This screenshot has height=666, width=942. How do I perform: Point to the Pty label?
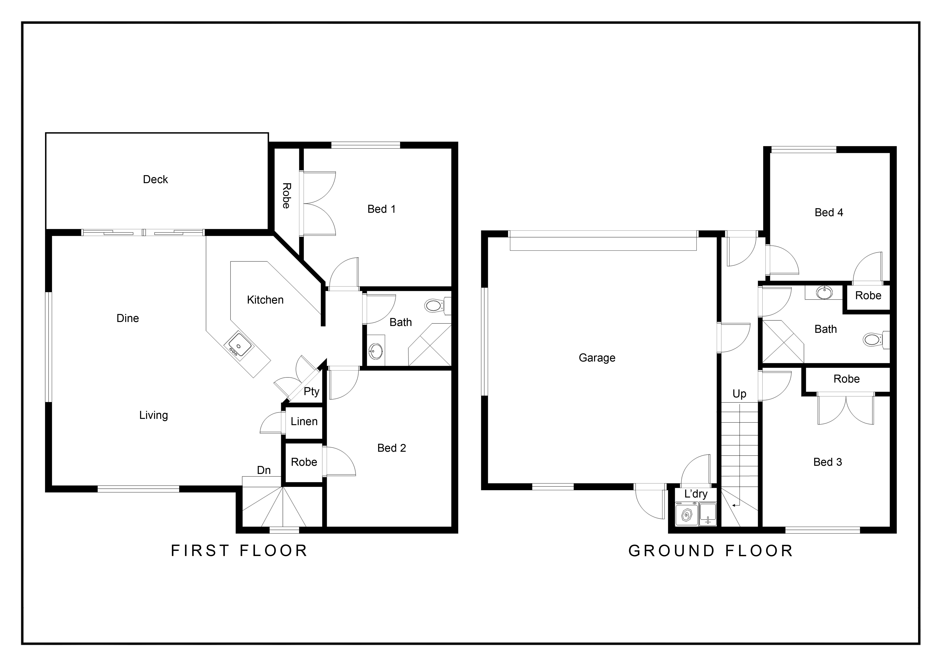311,392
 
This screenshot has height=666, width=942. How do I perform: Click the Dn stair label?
264,470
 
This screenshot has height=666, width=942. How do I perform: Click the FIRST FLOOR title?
239,551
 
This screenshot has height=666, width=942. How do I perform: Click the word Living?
154,415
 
